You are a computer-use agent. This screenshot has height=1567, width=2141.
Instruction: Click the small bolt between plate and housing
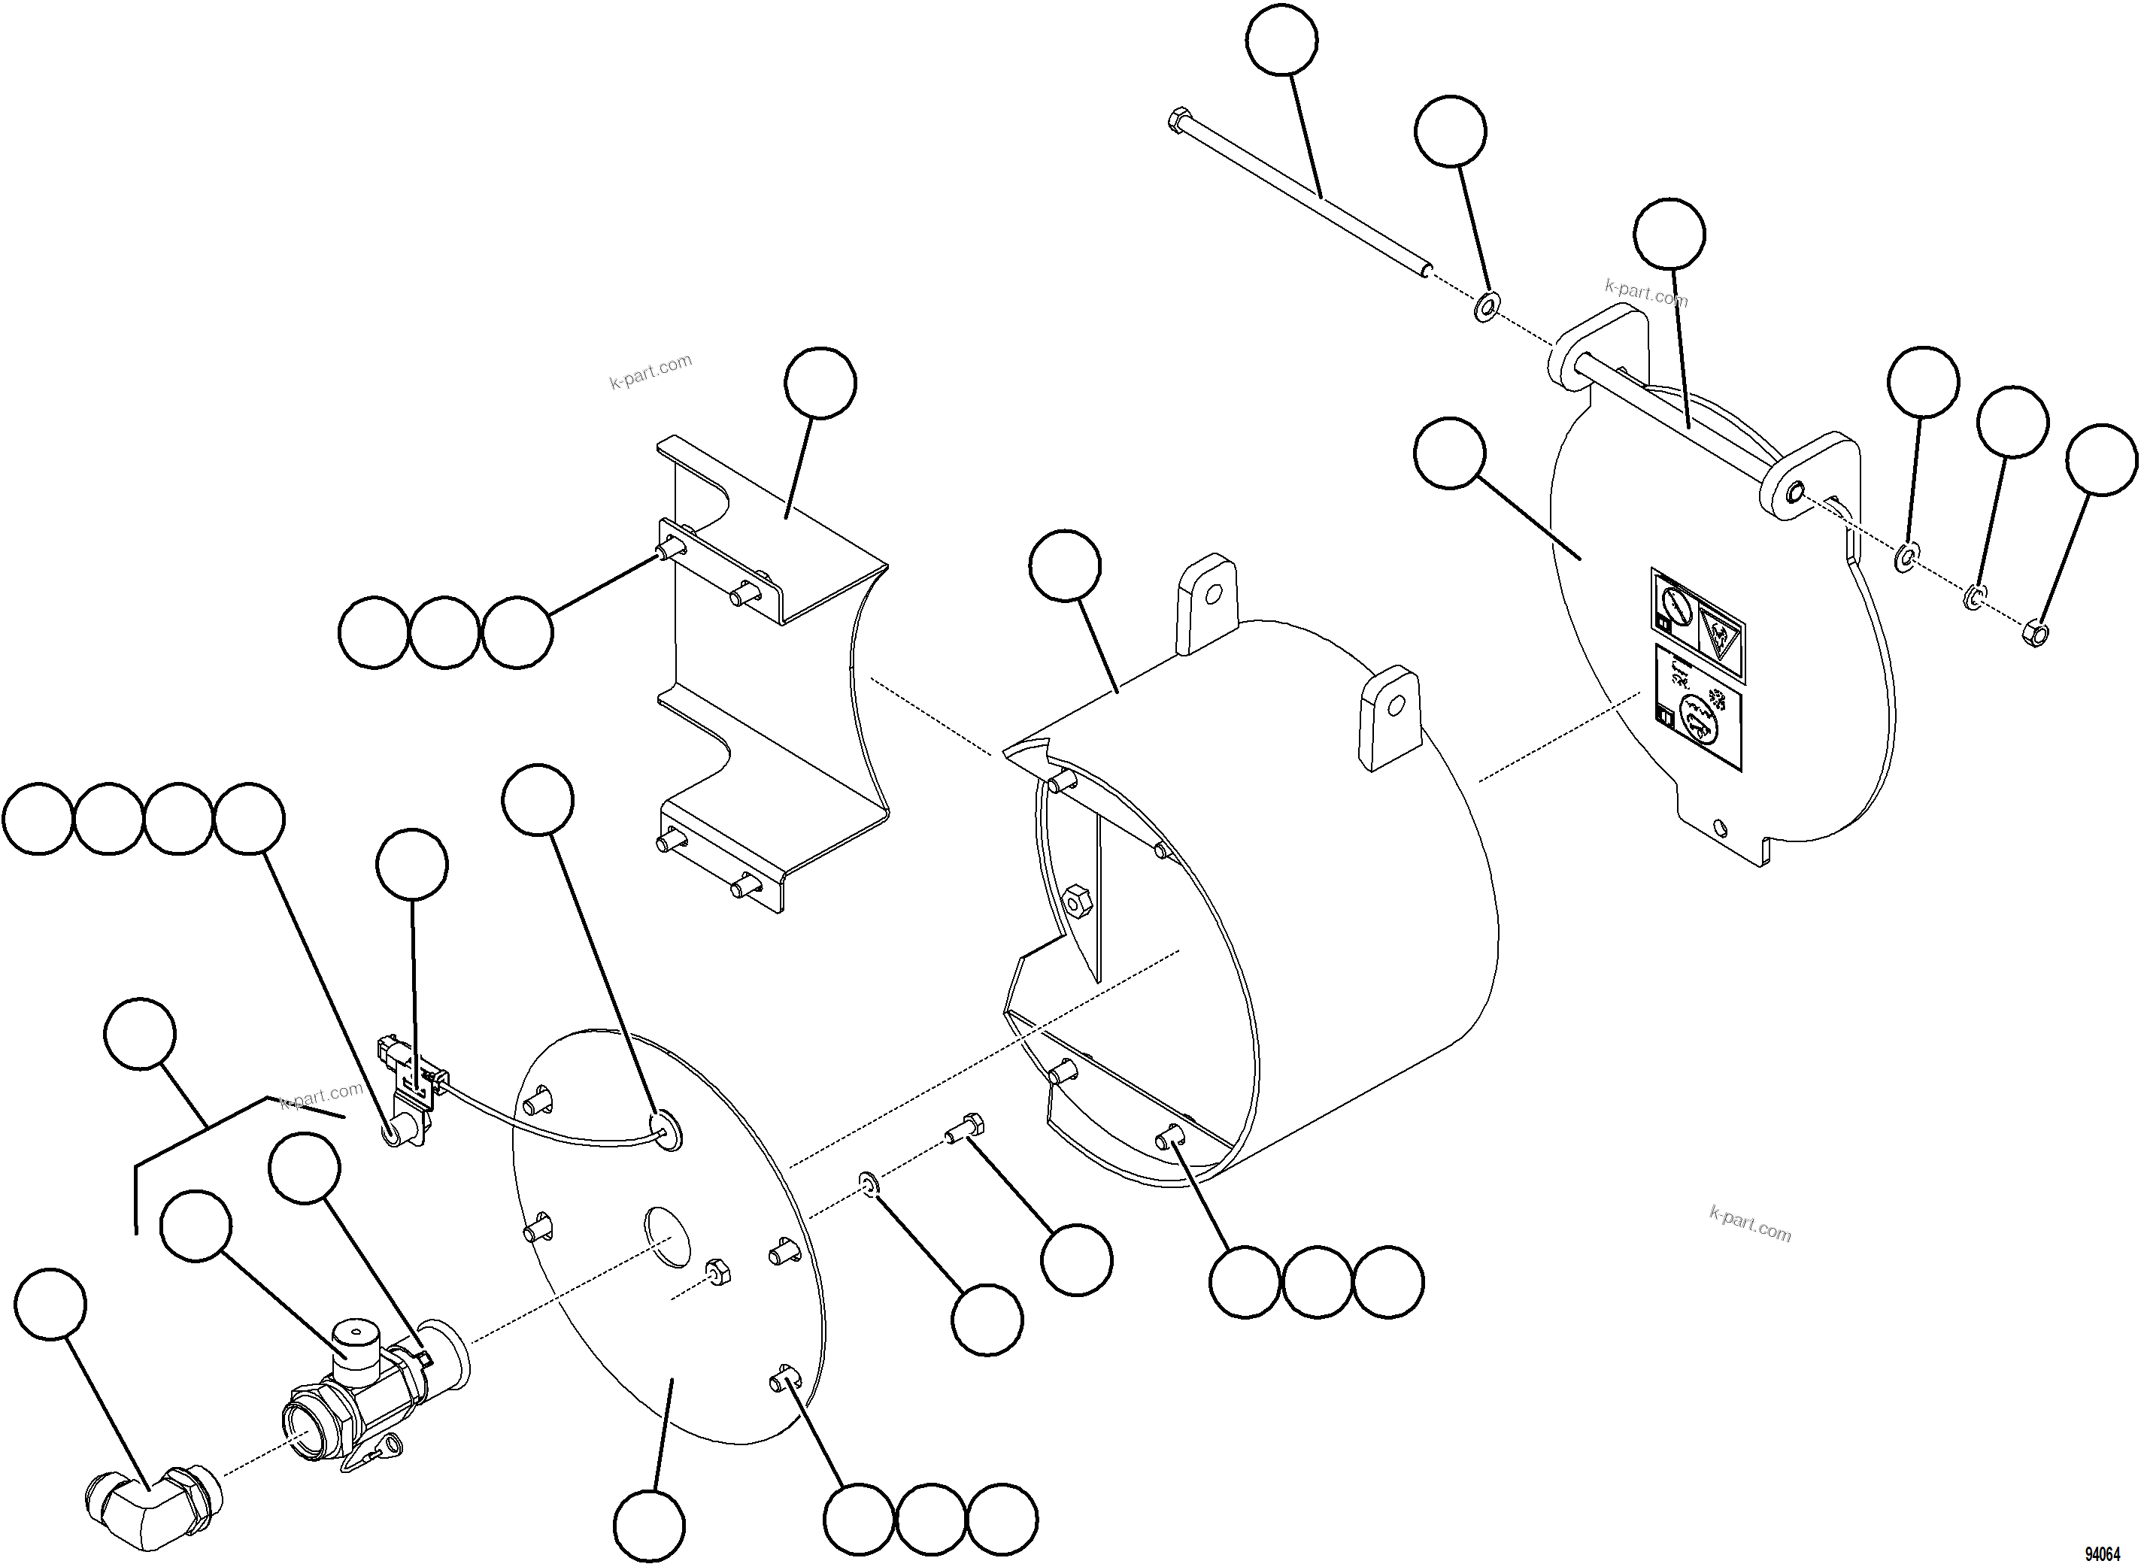pos(966,1129)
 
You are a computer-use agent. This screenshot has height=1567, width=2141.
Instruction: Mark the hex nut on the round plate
pos(717,1272)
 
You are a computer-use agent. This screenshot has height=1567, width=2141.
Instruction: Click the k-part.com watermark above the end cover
pos(1646,292)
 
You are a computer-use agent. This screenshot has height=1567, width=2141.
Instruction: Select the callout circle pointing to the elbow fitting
pos(50,1305)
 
